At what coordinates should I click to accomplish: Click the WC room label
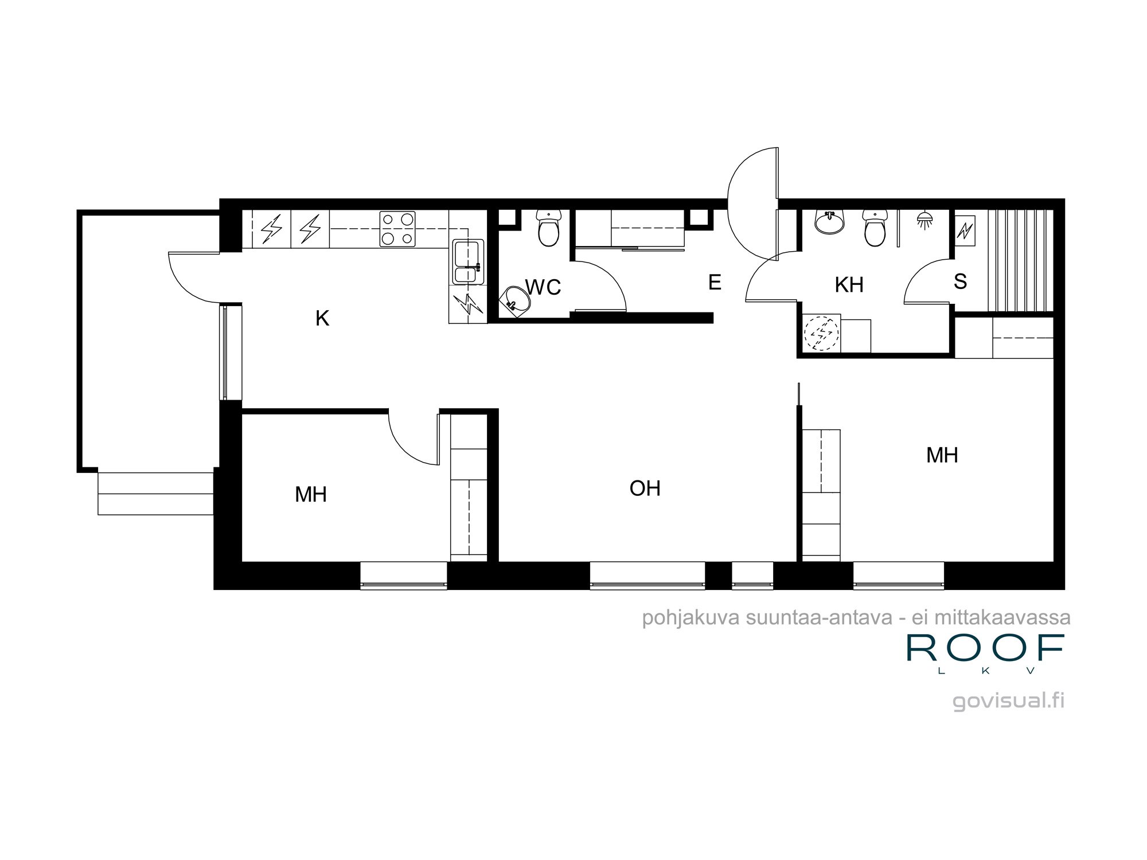543,287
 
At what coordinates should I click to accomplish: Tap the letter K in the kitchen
322,318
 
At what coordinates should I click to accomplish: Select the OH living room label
645,488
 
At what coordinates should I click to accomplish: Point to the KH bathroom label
849,285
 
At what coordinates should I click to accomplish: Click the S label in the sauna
960,282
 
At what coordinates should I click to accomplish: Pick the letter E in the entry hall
715,282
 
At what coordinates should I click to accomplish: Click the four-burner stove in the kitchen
397,229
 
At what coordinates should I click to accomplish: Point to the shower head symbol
924,220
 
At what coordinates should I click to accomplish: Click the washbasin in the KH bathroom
829,222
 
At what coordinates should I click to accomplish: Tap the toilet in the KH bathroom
875,228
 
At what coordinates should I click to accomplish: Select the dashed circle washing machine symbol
821,333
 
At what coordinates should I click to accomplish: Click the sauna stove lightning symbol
965,231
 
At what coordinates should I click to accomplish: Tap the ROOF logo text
985,648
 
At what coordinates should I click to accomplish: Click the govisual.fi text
1008,701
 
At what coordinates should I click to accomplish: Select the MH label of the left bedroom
311,494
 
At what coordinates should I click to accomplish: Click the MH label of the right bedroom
942,455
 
